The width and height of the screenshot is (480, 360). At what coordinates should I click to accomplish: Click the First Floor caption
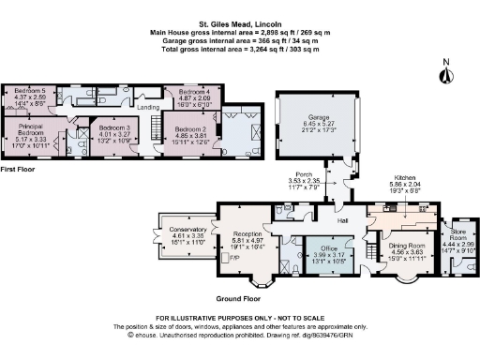coord(20,170)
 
